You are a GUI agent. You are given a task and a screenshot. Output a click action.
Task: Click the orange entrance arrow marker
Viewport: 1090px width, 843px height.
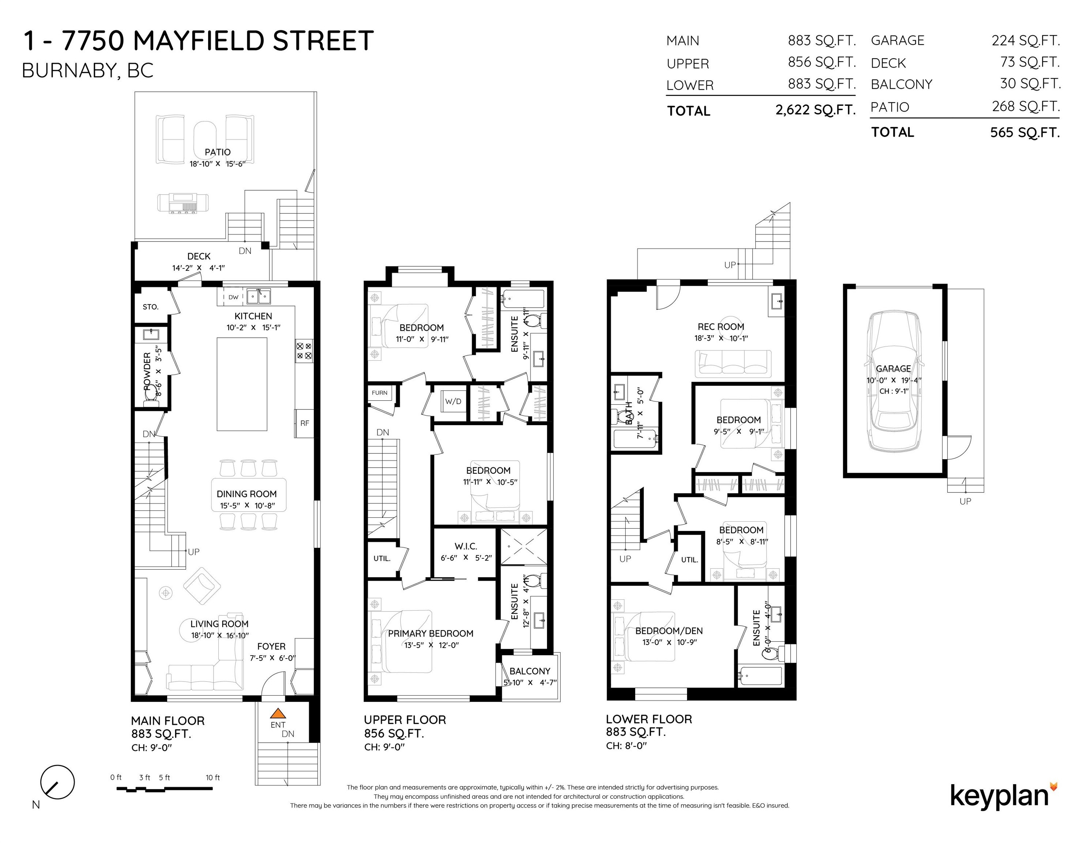point(278,713)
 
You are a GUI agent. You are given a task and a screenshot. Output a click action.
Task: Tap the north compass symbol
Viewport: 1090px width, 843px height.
point(57,783)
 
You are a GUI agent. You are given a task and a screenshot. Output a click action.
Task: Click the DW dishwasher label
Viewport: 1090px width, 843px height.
point(233,297)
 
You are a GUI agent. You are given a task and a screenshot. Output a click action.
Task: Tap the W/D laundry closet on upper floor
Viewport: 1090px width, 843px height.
point(453,401)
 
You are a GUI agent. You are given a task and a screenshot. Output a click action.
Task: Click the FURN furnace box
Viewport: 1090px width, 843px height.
point(379,393)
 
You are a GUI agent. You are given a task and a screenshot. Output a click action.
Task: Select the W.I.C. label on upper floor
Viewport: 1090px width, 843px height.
point(465,546)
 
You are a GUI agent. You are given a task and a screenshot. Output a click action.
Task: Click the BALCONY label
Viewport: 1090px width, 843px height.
point(529,671)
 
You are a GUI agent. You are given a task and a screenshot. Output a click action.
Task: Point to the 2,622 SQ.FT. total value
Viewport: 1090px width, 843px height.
point(815,110)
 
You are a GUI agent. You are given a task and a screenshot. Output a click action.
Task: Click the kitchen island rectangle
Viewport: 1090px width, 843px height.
point(242,383)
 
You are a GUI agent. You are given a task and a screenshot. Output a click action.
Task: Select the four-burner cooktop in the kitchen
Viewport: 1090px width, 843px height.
point(303,351)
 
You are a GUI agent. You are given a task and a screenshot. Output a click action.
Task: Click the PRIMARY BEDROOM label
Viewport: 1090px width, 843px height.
point(430,633)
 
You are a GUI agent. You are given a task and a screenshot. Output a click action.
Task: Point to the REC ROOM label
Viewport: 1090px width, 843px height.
point(721,327)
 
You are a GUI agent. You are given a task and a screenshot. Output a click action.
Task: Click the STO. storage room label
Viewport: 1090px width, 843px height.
point(150,307)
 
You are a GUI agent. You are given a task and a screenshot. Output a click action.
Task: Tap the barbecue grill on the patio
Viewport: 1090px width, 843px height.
point(183,202)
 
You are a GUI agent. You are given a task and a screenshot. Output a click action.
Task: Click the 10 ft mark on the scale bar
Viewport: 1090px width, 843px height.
point(212,778)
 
